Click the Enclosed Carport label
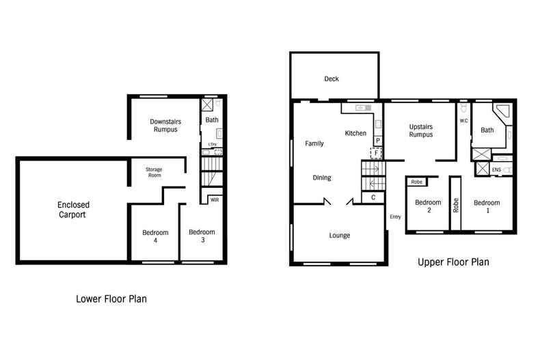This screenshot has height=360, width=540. [73, 210]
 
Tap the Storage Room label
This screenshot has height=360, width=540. [154, 172]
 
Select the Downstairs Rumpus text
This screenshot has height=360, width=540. [165, 125]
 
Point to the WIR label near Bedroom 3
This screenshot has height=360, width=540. [215, 199]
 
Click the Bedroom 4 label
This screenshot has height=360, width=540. [155, 236]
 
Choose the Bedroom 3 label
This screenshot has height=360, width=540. [202, 236]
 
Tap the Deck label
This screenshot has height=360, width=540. [332, 79]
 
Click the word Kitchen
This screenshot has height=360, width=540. [355, 133]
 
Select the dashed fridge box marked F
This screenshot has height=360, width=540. [377, 152]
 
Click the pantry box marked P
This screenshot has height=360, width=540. [378, 141]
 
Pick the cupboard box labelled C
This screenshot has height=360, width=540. [373, 197]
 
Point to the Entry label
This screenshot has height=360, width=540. [395, 217]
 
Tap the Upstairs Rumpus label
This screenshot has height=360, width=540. [421, 130]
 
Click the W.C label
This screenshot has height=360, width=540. [464, 121]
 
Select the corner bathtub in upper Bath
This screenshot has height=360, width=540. [502, 113]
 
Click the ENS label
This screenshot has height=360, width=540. [496, 169]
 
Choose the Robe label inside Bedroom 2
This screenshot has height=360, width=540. [417, 182]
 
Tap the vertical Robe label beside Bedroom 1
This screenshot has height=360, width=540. [456, 205]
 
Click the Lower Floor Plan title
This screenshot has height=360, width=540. [111, 299]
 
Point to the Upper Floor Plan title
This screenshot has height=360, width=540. [453, 262]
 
